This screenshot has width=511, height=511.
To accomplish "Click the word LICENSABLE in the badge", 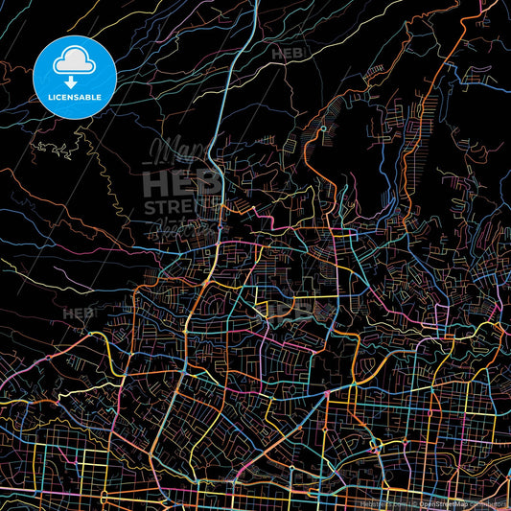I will tap(75, 97).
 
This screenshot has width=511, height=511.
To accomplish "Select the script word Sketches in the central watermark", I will tap(182, 228).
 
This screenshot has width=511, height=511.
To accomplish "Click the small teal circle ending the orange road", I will tap(323, 128).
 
